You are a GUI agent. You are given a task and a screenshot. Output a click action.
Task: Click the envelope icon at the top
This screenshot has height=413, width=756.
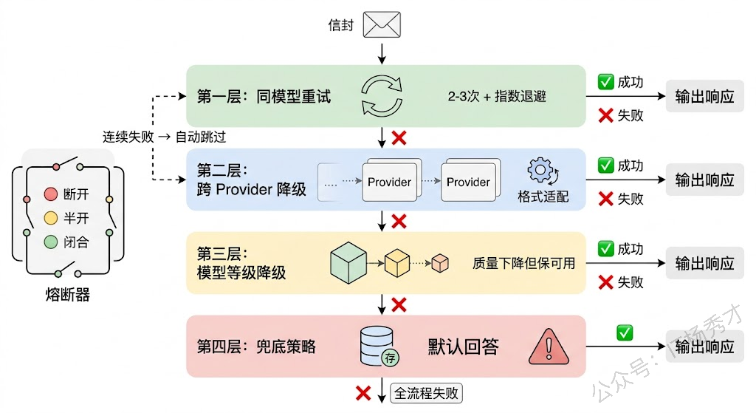click(x=382, y=24)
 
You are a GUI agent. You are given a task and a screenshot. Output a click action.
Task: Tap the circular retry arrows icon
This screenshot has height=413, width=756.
click(x=381, y=96)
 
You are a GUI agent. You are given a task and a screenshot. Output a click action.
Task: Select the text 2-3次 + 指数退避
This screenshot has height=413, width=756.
click(x=496, y=97)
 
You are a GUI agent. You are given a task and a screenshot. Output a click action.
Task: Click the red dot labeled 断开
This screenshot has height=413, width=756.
click(x=50, y=194)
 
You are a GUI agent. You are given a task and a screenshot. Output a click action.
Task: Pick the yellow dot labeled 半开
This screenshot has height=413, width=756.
click(x=50, y=218)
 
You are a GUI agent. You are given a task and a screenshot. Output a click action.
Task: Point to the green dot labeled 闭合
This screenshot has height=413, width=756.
click(x=50, y=242)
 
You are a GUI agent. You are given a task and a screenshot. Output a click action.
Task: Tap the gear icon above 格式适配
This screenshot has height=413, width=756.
click(x=541, y=171)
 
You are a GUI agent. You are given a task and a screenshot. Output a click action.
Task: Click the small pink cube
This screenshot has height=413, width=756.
click(x=440, y=262)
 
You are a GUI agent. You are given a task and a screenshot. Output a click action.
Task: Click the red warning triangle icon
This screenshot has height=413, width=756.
click(x=548, y=347)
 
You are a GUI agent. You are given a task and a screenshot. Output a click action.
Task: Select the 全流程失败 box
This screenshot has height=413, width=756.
click(x=426, y=393)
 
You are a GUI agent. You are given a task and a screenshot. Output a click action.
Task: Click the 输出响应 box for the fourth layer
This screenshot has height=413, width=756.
click(x=704, y=347)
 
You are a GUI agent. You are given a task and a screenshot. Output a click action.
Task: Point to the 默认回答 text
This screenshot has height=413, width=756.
click(x=464, y=347)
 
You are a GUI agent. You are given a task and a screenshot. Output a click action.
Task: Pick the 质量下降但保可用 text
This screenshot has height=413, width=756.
click(x=523, y=263)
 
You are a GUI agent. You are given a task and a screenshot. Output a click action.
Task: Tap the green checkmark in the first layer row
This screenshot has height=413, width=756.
click(x=605, y=82)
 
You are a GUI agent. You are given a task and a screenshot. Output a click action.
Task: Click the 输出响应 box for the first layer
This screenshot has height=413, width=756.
click(x=704, y=97)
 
